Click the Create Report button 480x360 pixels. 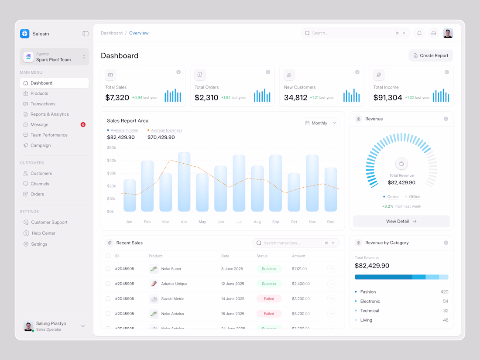click(431, 55)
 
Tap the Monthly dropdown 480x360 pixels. click(321, 123)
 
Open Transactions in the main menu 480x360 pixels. click(43, 104)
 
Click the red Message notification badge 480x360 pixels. click(83, 125)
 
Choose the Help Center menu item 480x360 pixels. click(43, 233)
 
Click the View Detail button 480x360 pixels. click(401, 221)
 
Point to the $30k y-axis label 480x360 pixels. click(111, 173)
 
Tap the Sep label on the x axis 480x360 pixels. click(275, 222)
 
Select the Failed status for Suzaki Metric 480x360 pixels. click(269, 299)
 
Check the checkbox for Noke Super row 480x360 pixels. click(108, 269)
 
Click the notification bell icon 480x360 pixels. click(419, 33)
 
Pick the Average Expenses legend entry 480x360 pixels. click(166, 130)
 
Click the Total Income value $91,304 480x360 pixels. click(387, 98)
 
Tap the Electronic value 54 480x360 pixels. click(446, 301)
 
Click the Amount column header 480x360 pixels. click(298, 256)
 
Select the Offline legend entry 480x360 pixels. click(414, 197)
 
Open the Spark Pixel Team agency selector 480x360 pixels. click(54, 57)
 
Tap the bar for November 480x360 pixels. click(312, 183)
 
